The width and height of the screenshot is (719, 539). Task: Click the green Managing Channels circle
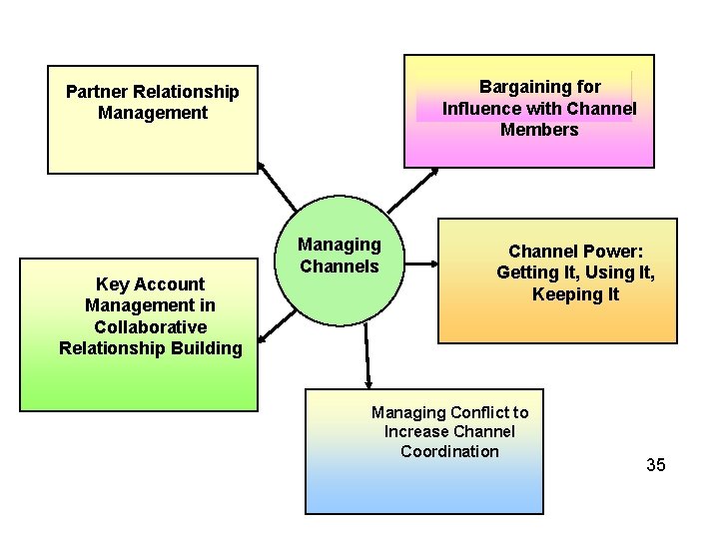[x=340, y=289]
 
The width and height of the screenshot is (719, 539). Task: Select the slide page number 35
[x=655, y=465]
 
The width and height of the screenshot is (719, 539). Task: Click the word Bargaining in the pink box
[x=525, y=87]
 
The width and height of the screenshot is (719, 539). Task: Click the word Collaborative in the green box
[x=150, y=326]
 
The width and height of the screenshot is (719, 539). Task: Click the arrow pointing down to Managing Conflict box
[x=367, y=359]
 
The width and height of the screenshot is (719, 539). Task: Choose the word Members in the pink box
[x=539, y=130]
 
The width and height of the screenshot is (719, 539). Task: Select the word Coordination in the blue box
[x=449, y=451]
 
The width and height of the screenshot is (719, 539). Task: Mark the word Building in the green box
[x=207, y=348]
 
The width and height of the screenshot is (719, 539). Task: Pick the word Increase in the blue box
[x=415, y=431]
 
